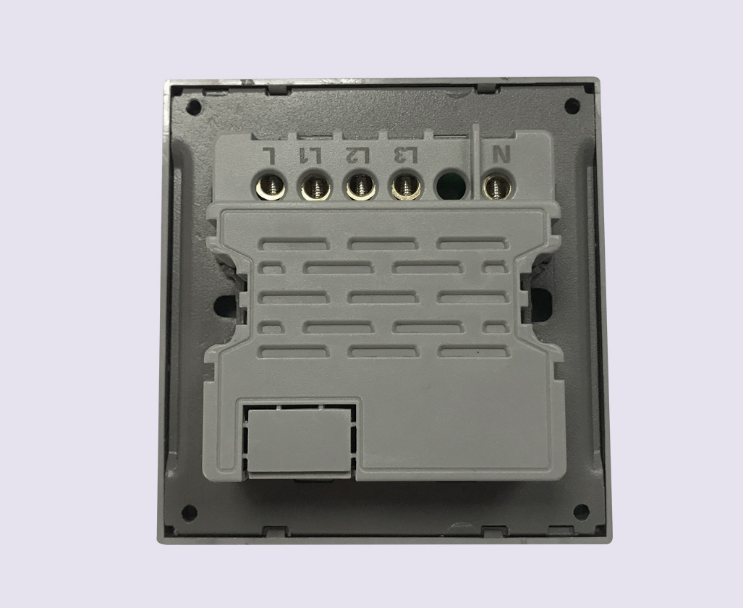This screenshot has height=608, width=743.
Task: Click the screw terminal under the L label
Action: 271,187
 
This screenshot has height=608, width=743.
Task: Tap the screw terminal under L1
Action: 316,187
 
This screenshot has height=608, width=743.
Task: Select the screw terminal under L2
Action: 361,187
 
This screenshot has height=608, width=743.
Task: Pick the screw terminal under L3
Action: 407,187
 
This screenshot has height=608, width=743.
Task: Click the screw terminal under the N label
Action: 496,186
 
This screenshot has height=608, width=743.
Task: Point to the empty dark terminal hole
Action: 451,186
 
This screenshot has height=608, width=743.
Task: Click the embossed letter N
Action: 501,155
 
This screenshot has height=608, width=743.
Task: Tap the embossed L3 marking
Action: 407,155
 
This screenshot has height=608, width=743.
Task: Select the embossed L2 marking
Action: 357,155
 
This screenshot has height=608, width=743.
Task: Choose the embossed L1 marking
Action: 311,155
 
